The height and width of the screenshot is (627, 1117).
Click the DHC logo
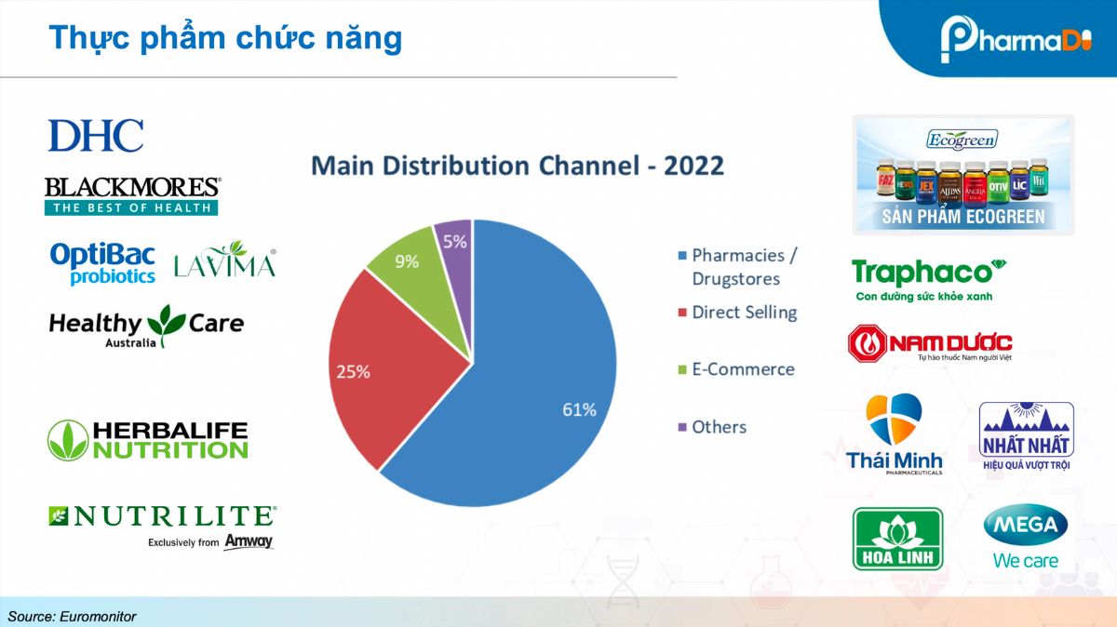(96, 136)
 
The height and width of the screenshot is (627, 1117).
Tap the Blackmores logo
(131, 195)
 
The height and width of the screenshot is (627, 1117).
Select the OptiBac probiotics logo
(103, 263)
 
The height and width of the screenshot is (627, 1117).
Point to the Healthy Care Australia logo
(145, 326)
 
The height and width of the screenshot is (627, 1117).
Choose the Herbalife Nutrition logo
(148, 440)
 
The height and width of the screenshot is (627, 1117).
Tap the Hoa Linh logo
(897, 539)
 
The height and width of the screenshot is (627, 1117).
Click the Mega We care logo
(1026, 539)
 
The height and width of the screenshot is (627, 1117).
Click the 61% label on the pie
(578, 409)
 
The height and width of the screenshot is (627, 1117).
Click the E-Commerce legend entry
(742, 369)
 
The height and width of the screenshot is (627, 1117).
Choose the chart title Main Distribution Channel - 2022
(517, 166)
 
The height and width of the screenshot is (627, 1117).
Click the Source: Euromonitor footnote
(72, 616)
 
